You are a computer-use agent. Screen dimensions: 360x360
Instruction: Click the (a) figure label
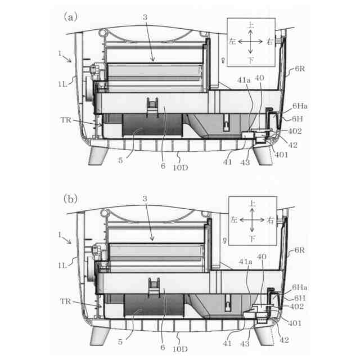[x=70, y=17]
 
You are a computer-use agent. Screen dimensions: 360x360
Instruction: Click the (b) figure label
[x=70, y=199]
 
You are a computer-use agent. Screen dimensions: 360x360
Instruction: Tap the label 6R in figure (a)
[x=300, y=69]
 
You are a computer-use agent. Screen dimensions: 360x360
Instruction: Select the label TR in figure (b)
[x=65, y=301]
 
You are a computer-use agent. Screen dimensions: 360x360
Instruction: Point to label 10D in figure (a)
[x=180, y=168]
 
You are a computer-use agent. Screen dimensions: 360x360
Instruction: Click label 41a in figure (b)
[x=245, y=262]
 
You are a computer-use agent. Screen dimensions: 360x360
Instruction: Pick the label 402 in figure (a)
[x=295, y=131]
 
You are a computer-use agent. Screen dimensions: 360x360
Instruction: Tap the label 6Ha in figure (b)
[x=299, y=287]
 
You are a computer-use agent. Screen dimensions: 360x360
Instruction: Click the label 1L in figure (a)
[x=62, y=84]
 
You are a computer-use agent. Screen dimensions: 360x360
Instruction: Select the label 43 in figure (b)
[x=245, y=344]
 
